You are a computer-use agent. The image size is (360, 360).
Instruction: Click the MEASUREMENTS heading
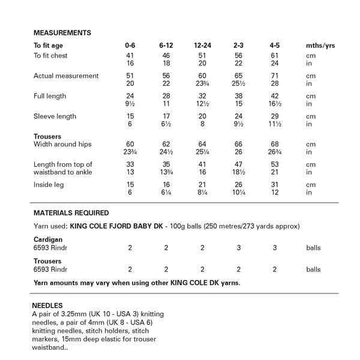(62, 32)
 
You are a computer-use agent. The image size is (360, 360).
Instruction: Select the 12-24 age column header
(202, 46)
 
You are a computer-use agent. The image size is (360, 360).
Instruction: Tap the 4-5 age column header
(275, 46)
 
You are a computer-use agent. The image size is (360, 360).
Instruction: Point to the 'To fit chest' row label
(50, 56)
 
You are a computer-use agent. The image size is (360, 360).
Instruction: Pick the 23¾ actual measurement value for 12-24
(202, 84)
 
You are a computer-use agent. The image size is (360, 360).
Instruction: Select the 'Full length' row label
(50, 97)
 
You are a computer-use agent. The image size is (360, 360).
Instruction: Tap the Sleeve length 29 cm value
(275, 116)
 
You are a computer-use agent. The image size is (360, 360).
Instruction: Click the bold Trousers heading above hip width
(47, 137)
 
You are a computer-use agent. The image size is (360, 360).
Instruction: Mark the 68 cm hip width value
(275, 145)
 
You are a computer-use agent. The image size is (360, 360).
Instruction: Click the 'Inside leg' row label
(49, 185)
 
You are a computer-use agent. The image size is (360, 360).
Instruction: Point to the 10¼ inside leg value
(238, 193)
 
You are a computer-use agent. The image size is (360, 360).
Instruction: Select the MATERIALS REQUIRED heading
(71, 213)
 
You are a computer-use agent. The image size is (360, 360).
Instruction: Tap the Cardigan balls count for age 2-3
(238, 247)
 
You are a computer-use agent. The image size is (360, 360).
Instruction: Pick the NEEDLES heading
(47, 305)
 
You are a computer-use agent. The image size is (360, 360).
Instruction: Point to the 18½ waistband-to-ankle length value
(238, 172)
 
